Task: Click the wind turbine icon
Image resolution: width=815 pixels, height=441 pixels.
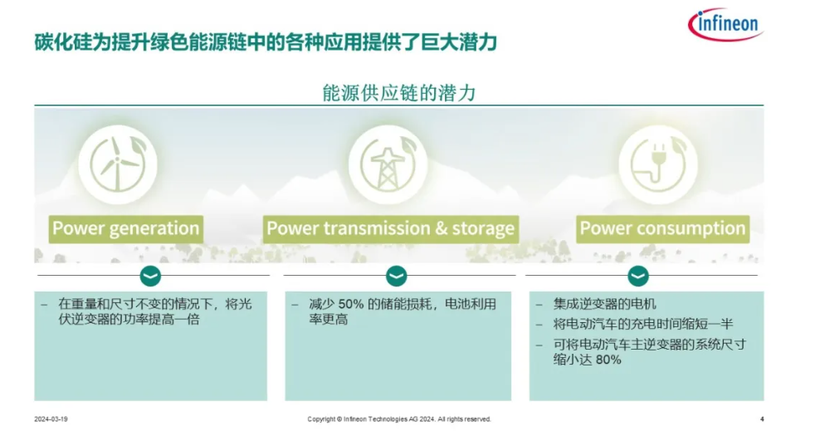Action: click(x=118, y=164)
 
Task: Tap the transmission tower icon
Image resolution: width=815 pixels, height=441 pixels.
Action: click(x=388, y=164)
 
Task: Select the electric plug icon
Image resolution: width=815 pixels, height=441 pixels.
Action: click(x=658, y=164)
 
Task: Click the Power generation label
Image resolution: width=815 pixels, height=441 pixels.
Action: click(x=126, y=229)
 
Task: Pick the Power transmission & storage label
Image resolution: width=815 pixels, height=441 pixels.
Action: click(x=390, y=229)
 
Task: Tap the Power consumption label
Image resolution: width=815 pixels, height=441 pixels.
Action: click(x=663, y=229)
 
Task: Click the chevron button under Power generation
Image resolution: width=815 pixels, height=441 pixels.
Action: click(x=150, y=276)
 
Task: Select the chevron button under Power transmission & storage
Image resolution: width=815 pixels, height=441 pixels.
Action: click(x=396, y=276)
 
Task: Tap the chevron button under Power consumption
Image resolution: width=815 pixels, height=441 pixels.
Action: click(x=638, y=276)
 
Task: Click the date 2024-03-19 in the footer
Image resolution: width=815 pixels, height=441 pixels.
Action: click(x=51, y=419)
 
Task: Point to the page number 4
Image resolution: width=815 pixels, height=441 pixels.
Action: click(x=762, y=419)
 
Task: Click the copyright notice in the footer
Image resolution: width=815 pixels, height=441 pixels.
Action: click(x=399, y=419)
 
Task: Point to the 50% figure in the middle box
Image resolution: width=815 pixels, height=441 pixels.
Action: click(x=351, y=304)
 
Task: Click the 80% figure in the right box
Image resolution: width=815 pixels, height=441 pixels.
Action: click(x=608, y=360)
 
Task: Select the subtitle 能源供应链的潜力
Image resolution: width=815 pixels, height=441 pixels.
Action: click(x=399, y=93)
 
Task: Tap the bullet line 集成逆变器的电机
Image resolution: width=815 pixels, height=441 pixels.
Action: click(x=605, y=304)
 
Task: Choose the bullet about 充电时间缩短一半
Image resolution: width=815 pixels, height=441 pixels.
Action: click(x=643, y=324)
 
